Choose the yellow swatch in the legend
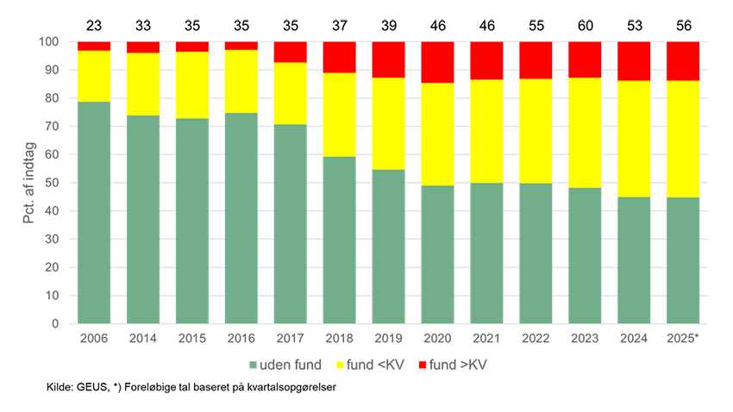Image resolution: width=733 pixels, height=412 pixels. click(337, 365)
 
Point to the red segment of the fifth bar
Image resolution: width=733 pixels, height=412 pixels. click(290, 52)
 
